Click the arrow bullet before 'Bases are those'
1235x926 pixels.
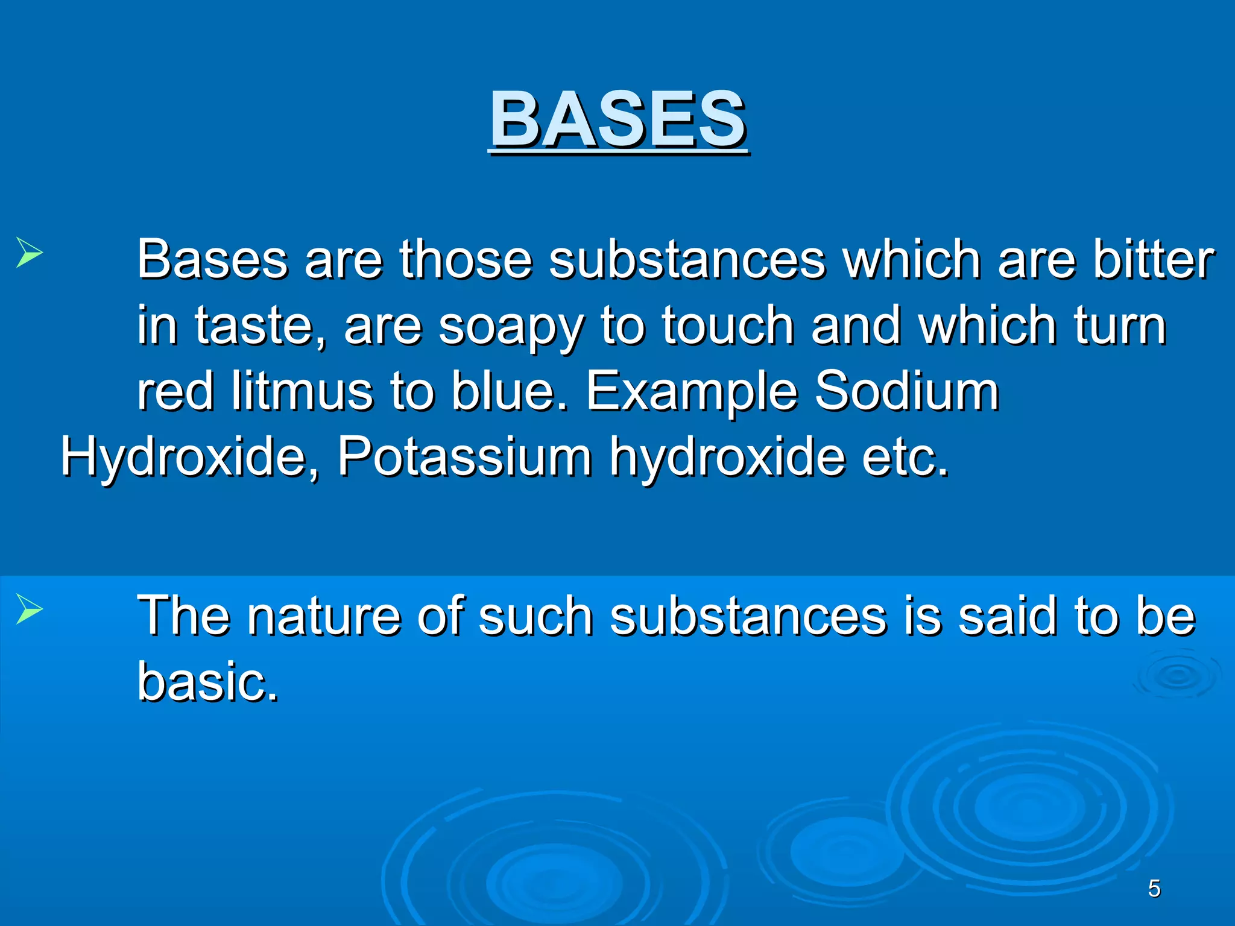[x=29, y=252]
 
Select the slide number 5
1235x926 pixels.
[x=1154, y=889]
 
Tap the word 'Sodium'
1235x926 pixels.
[x=907, y=391]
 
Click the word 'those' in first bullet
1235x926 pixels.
[x=466, y=260]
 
